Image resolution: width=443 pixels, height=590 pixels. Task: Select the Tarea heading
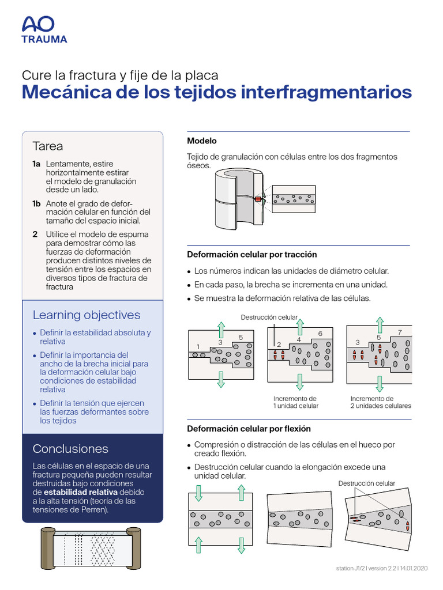click(x=48, y=146)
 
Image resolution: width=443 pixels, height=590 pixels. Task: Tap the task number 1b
click(x=36, y=203)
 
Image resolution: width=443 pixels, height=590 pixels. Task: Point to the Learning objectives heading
click(x=87, y=315)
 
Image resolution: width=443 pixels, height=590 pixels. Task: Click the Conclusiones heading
click(x=70, y=449)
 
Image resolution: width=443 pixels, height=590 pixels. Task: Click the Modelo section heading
click(x=202, y=141)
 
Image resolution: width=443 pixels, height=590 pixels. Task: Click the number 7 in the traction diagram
click(x=400, y=333)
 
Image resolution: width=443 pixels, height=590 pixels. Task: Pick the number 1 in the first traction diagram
click(x=198, y=346)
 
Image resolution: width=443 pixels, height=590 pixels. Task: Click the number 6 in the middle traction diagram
click(x=320, y=334)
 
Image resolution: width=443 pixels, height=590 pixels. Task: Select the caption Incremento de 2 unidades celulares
click(x=381, y=402)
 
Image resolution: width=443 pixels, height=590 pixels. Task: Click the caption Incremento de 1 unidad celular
click(x=296, y=402)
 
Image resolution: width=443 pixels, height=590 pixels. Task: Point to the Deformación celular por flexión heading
click(x=249, y=429)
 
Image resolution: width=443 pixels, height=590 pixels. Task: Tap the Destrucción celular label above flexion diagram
click(x=366, y=483)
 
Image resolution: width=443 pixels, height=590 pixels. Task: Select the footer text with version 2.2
click(x=381, y=568)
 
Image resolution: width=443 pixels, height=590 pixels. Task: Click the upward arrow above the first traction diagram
click(x=221, y=329)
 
